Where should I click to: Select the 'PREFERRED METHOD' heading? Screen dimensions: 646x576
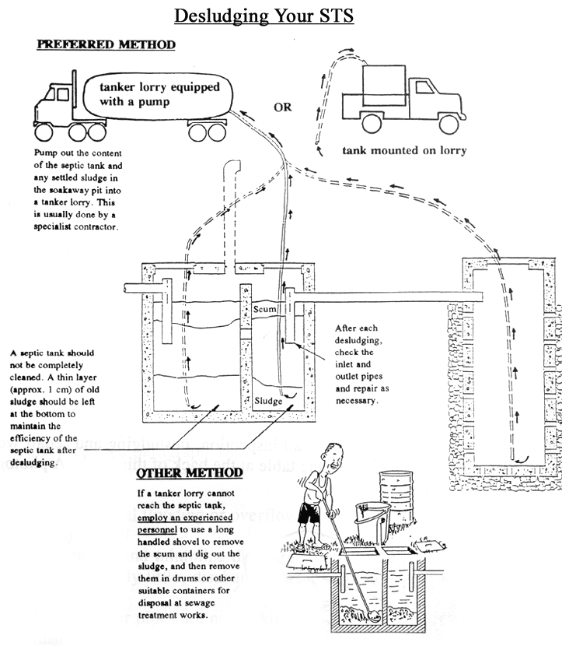[x=106, y=44]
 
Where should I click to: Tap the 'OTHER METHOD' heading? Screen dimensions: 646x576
[x=190, y=473]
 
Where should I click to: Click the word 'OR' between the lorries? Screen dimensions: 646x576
[x=283, y=107]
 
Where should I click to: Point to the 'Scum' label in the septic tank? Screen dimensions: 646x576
[x=266, y=309]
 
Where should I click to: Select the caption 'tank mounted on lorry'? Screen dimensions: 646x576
[x=404, y=150]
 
